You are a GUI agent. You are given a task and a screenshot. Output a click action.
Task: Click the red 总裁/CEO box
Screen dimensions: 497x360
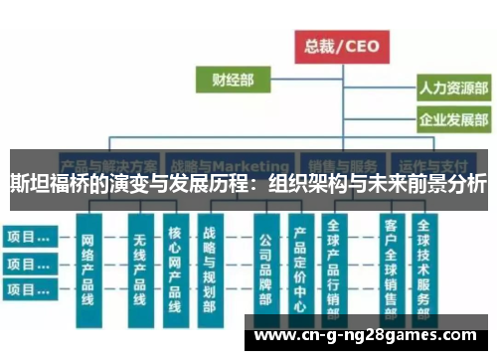tap(342, 46)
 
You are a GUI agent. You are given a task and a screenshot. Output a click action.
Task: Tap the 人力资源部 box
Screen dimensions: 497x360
tap(452, 88)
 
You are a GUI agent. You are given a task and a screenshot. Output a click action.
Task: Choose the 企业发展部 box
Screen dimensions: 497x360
tap(452, 121)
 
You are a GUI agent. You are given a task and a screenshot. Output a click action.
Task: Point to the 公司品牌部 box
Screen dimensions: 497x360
tap(265, 269)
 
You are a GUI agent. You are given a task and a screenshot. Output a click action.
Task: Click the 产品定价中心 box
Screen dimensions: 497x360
tap(299, 269)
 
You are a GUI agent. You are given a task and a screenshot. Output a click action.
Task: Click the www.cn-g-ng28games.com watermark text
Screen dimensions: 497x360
tap(369, 335)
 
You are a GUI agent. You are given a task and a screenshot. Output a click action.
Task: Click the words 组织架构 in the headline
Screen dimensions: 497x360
tap(302, 184)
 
